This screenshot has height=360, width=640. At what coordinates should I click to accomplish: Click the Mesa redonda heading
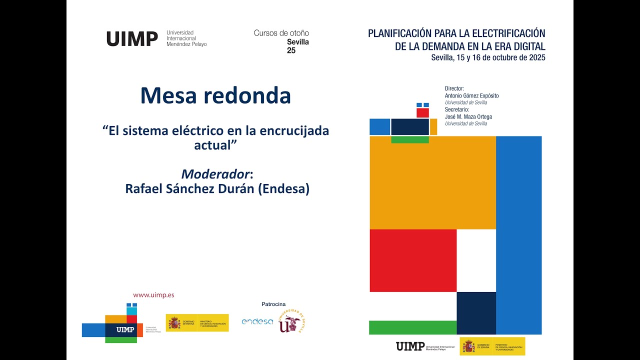(215, 95)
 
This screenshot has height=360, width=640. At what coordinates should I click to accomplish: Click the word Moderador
(215, 174)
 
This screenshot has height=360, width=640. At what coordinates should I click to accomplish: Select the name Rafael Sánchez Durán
(189, 189)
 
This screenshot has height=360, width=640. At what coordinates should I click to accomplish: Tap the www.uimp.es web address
(153, 295)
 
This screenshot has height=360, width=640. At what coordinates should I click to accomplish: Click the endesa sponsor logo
(257, 321)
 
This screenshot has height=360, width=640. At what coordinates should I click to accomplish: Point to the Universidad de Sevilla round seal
(292, 321)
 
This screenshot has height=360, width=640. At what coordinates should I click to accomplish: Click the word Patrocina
(273, 304)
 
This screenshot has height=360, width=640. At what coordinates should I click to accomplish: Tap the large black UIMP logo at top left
(132, 39)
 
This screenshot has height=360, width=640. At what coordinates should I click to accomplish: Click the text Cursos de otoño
(281, 33)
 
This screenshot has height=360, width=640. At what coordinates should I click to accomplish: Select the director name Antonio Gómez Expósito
(471, 95)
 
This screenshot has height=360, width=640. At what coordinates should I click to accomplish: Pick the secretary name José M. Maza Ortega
(468, 117)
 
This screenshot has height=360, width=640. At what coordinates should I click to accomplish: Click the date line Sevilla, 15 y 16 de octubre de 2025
(488, 57)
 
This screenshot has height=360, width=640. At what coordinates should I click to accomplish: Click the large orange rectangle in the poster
(432, 182)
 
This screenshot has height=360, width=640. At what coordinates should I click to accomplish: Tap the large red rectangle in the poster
(413, 260)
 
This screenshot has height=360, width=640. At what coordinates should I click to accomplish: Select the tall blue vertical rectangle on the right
(519, 235)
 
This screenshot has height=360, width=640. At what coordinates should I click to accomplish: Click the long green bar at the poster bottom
(413, 327)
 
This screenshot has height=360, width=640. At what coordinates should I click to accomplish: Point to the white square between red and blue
(476, 260)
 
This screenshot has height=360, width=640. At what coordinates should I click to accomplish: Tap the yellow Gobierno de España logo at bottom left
(197, 322)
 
